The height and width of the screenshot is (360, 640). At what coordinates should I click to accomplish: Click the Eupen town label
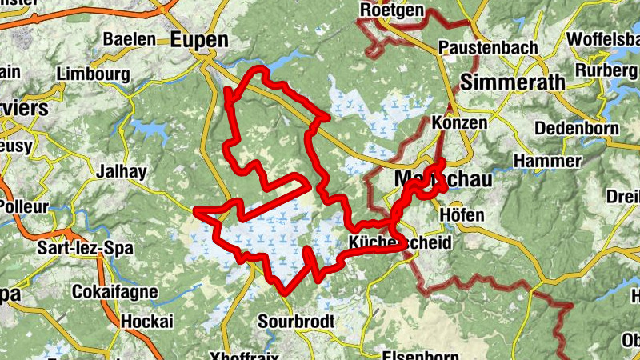pos(199,39)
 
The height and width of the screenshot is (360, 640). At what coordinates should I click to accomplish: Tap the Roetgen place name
pos(391,10)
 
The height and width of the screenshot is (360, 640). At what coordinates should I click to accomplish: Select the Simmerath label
pos(513,82)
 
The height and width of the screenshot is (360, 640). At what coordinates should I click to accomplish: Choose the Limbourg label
pos(94,74)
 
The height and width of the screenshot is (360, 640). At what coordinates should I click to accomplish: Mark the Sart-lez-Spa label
pos(85,248)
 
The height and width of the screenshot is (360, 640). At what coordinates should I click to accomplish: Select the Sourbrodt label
pos(296,322)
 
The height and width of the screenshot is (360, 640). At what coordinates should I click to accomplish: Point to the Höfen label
pos(462,216)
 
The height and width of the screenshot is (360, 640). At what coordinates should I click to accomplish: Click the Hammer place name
pos(546,162)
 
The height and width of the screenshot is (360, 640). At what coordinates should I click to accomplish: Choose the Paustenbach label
pos(488,48)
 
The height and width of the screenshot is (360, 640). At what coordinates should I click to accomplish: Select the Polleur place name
pos(24,205)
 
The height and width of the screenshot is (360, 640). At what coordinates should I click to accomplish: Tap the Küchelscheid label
pos(400,242)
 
